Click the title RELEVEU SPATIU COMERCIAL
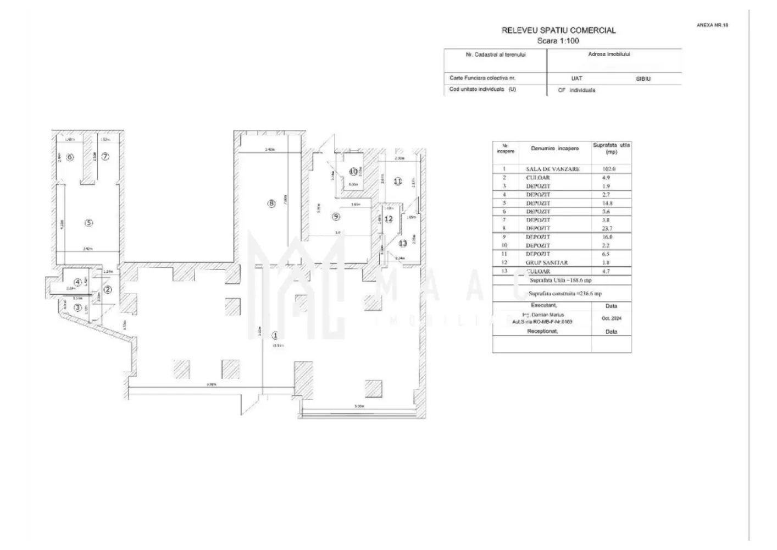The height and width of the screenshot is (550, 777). click(x=558, y=31)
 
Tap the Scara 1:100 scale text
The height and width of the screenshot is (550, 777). click(x=558, y=41)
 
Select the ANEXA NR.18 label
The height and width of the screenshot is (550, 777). click(x=712, y=25)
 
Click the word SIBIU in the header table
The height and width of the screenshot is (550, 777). click(x=643, y=79)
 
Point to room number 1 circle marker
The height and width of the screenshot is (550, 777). click(x=275, y=334)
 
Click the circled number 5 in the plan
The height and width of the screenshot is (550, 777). click(x=88, y=223)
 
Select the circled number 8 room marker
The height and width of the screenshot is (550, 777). click(x=271, y=204)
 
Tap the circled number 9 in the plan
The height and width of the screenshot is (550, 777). click(x=336, y=217)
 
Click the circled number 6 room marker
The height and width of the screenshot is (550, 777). click(x=69, y=157)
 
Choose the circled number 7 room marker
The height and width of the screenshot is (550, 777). click(x=105, y=157)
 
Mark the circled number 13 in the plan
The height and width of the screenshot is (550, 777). click(x=402, y=243)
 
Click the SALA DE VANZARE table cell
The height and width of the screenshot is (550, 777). click(x=552, y=169)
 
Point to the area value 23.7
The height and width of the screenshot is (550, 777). click(x=607, y=228)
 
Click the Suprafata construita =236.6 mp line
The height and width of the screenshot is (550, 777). click(x=565, y=294)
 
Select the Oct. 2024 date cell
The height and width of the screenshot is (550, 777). click(x=610, y=318)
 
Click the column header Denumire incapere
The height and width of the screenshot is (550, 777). click(x=554, y=148)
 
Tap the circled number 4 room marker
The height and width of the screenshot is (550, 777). click(x=78, y=282)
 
